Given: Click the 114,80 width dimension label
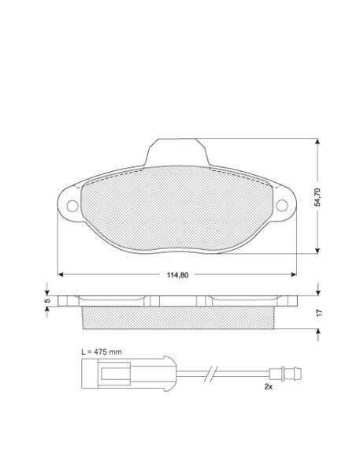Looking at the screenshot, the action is pos(177,274).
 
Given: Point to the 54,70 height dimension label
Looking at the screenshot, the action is pos(317,197).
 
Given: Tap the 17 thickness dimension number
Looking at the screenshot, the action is pos(320,312).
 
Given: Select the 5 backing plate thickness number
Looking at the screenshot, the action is pos(46,300).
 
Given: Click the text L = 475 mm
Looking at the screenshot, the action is pos(102,352).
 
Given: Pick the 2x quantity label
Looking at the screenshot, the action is pos(269,386).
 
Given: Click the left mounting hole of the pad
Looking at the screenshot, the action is pos(72,206).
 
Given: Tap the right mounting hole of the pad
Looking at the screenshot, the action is pos(282,206).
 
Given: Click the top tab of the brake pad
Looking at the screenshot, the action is pos(177,152).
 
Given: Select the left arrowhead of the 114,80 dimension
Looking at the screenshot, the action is pos(61,274).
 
